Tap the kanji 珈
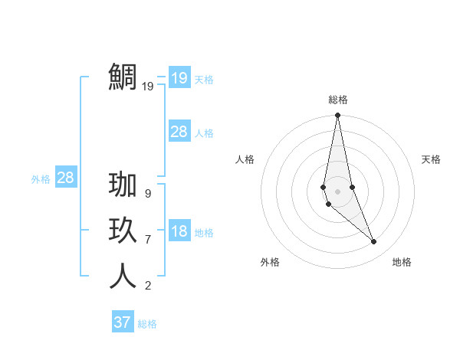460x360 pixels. click(123, 187)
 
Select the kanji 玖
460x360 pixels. click(123, 231)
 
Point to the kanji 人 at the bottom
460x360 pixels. click(123, 276)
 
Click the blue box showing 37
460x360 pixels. click(123, 322)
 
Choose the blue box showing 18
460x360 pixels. click(179, 232)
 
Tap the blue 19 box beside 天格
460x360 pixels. click(179, 78)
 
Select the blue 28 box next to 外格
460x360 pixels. click(65, 178)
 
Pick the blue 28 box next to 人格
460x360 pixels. click(179, 132)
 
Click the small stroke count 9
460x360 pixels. click(148, 194)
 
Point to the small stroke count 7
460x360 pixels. click(148, 240)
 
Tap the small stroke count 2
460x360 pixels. click(148, 286)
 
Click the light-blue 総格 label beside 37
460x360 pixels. click(147, 324)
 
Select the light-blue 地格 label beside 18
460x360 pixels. click(204, 233)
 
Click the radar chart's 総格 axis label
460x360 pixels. click(337, 100)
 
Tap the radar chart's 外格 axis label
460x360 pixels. click(270, 262)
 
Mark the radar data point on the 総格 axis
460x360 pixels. click(337, 116)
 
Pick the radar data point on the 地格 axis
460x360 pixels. click(374, 242)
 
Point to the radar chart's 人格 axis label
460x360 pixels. click(245, 159)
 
